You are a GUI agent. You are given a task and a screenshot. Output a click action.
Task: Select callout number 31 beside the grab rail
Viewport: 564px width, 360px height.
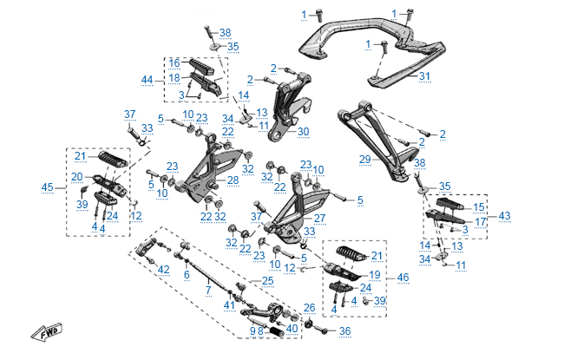point(424,76)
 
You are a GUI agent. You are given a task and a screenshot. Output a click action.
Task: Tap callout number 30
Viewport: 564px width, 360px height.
point(302,132)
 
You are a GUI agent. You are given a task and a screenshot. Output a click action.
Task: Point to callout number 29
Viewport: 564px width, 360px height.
point(365,159)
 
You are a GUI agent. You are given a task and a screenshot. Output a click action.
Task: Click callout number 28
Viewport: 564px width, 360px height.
point(233,180)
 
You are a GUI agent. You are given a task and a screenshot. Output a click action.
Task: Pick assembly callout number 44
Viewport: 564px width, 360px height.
point(148,80)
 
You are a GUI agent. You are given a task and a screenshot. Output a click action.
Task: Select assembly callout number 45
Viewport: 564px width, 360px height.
point(47,187)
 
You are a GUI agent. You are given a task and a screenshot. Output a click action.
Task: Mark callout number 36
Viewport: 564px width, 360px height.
point(344,331)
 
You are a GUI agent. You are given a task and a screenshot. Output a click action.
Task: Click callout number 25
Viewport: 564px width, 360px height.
point(267,280)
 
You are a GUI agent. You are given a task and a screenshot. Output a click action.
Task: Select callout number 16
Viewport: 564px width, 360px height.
point(174,62)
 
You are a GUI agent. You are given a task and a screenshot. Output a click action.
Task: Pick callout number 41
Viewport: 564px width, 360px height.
point(229,304)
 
